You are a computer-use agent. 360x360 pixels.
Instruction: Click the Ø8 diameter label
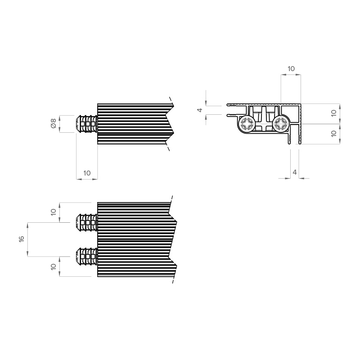click(53, 123)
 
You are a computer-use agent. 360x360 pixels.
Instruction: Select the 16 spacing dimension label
click(21, 239)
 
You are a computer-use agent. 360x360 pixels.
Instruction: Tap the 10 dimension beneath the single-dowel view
click(87, 173)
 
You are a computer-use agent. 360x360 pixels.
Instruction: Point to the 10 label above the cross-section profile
click(291, 69)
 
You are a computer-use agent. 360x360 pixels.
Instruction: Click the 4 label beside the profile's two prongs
click(200, 110)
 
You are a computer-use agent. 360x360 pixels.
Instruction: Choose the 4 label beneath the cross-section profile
click(295, 172)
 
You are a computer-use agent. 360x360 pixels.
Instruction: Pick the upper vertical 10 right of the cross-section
click(334, 113)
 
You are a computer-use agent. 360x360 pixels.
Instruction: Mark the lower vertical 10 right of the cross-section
click(334, 133)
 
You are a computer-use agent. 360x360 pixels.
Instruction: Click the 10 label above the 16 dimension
click(53, 212)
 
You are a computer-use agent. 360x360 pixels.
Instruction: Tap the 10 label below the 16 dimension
click(53, 266)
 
